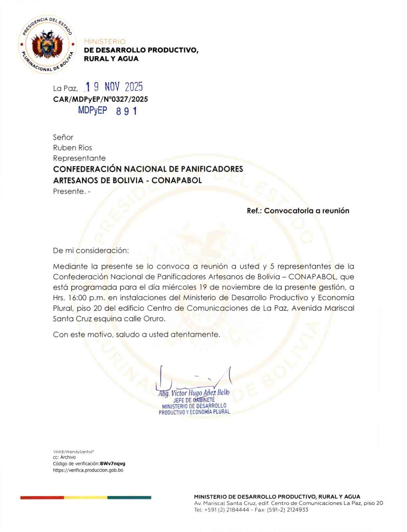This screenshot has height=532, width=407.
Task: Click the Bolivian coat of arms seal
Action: click(x=47, y=45)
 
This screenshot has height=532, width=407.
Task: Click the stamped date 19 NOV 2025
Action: click(x=114, y=87)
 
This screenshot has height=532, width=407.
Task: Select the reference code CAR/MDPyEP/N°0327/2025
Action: click(x=100, y=99)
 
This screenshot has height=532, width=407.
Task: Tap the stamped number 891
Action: click(x=127, y=111)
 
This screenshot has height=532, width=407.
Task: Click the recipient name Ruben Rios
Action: click(x=72, y=148)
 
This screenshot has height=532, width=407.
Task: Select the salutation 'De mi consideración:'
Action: click(x=91, y=250)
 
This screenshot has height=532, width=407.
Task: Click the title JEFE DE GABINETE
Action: click(x=194, y=400)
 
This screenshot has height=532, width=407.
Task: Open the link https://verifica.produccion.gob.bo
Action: click(x=88, y=470)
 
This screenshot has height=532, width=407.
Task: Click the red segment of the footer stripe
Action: click(x=42, y=497)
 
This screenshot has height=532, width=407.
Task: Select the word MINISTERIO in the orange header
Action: click(x=105, y=42)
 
